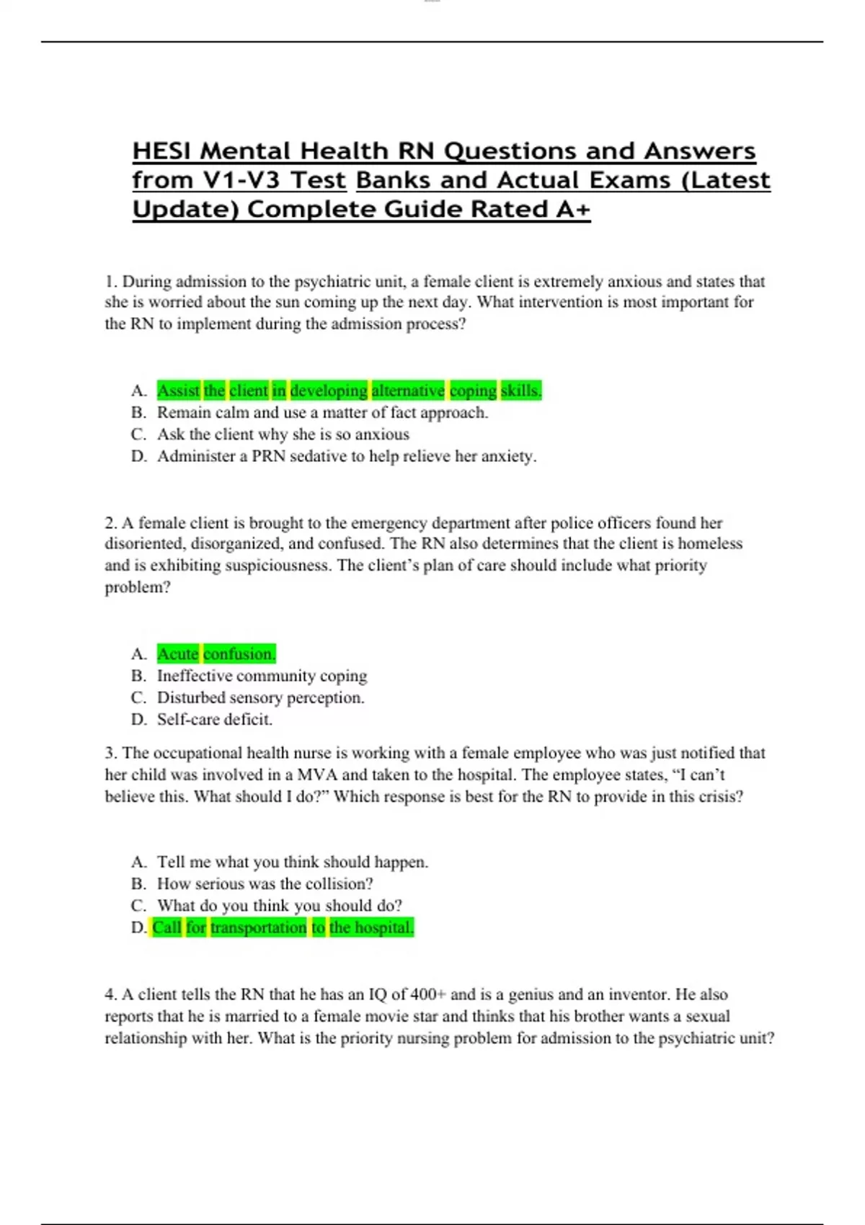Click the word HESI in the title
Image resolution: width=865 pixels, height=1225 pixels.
[161, 151]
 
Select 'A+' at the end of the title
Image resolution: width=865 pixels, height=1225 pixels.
[573, 210]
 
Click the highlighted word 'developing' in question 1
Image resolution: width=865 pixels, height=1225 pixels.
[329, 391]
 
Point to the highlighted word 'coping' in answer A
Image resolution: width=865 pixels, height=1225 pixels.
[473, 391]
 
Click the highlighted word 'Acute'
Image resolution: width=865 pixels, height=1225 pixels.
[177, 654]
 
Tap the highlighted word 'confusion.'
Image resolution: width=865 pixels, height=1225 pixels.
[239, 654]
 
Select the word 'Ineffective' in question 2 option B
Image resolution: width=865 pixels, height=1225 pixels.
[194, 676]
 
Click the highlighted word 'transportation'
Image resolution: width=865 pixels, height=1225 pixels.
[258, 927]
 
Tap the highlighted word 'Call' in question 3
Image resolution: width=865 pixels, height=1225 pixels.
[167, 927]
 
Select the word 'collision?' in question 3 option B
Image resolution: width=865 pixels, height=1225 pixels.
[340, 883]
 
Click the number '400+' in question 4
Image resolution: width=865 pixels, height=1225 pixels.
[428, 994]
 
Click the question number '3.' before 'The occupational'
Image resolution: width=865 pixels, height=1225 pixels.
[111, 753]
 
